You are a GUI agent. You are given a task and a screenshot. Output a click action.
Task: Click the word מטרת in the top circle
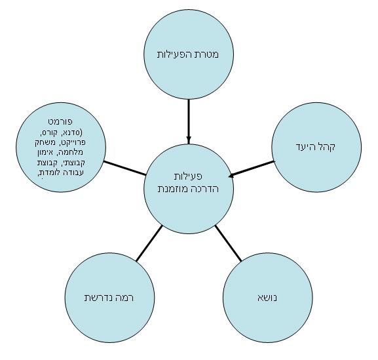click(207, 54)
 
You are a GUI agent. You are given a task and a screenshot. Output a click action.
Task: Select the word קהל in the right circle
click(327, 146)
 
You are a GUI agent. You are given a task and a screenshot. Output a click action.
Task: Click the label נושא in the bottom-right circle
click(267, 298)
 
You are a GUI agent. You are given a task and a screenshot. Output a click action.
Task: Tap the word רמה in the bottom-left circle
click(125, 298)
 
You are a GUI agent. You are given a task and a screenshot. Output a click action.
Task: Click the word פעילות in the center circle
click(188, 176)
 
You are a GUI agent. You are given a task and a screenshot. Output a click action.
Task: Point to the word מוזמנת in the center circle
click(172, 189)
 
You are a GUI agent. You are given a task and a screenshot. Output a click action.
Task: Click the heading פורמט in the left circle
click(60, 121)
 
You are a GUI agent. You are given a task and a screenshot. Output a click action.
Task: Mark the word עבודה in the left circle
click(73, 172)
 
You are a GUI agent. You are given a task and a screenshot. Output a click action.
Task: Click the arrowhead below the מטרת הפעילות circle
click(189, 140)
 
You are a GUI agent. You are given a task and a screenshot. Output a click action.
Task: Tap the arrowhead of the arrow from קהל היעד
click(231, 175)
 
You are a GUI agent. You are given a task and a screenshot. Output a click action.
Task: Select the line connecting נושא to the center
click(228, 243)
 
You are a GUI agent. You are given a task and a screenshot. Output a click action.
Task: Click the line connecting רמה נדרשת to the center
click(149, 243)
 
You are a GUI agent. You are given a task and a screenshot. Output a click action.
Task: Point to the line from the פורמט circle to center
click(125, 168)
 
